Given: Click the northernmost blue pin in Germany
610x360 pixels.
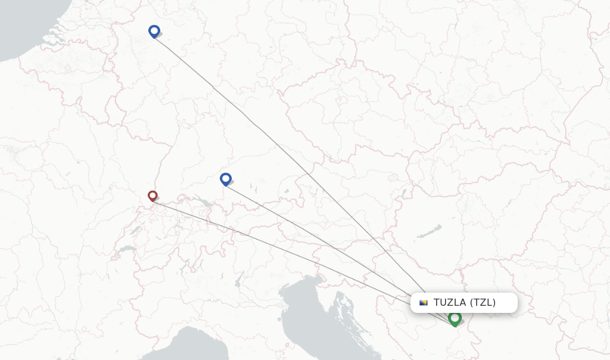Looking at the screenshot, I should [x=154, y=31].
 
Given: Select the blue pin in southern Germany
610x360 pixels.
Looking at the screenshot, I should [x=225, y=178].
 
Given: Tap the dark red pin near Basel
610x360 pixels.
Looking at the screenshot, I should [x=152, y=195].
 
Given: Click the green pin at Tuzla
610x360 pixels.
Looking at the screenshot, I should [x=455, y=318].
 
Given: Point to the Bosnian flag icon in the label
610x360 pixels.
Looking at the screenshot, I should [x=424, y=302].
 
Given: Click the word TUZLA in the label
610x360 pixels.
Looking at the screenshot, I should [x=450, y=302].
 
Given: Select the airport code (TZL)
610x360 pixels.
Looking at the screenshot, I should [x=483, y=302].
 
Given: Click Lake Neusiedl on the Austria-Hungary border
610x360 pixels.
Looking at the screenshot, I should [x=404, y=194].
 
